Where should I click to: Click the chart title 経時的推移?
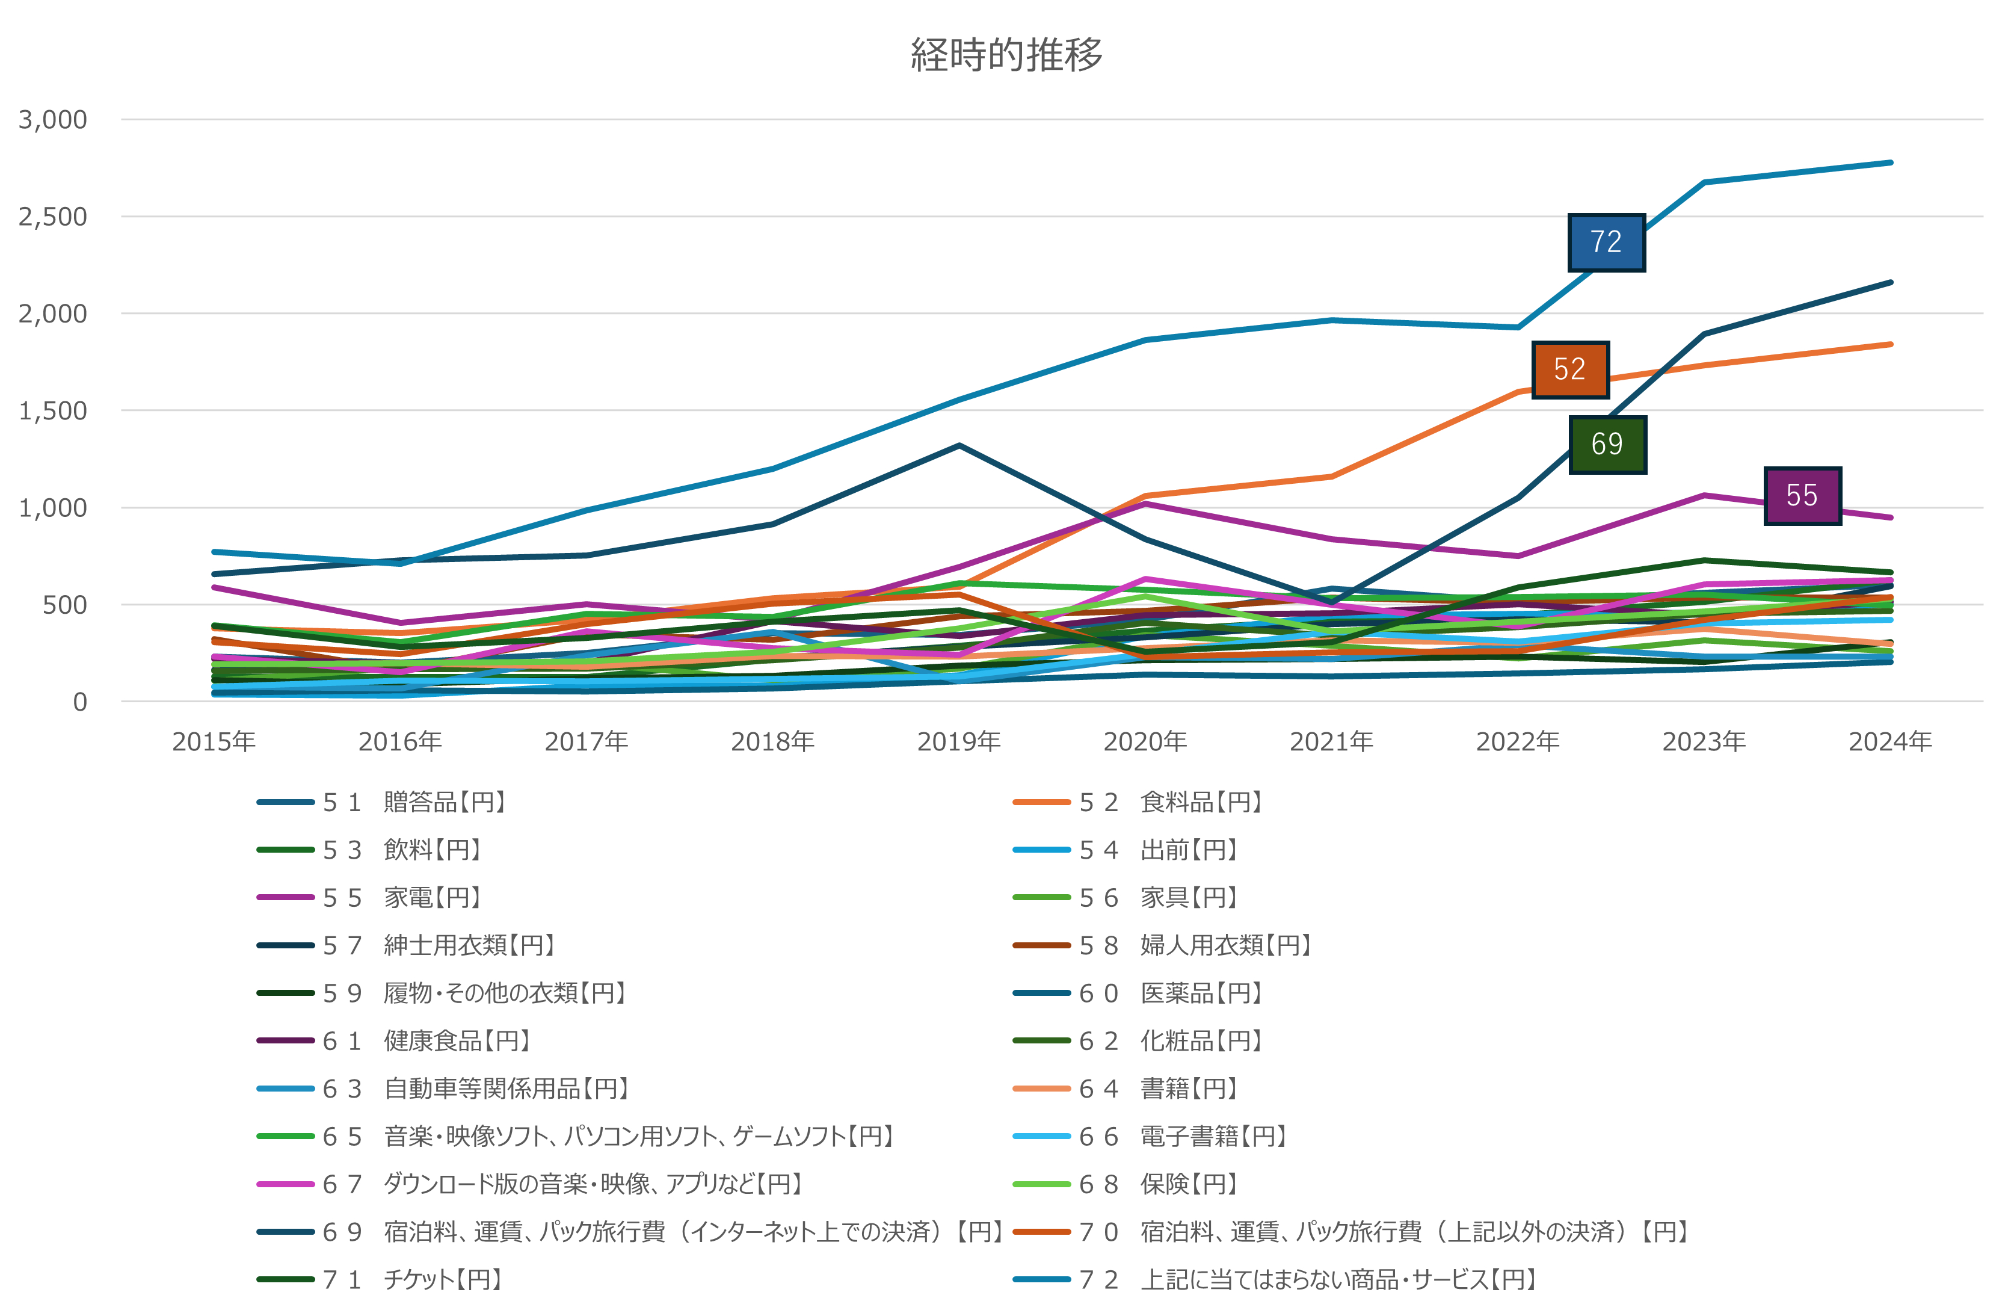click(x=1006, y=55)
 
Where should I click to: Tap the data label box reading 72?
click(x=1606, y=242)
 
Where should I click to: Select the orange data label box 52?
click(x=1569, y=369)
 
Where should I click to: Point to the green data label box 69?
click(x=1606, y=444)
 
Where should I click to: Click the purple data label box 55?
click(x=1802, y=495)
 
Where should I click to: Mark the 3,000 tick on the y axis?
click(x=52, y=119)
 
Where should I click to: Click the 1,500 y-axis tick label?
click(x=52, y=410)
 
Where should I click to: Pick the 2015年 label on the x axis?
click(x=213, y=741)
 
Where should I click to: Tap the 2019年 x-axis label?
click(x=959, y=741)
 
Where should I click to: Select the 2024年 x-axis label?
click(x=1889, y=741)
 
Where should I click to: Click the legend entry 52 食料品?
click(x=1171, y=802)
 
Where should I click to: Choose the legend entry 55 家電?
click(x=402, y=897)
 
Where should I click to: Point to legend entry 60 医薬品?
click(x=1171, y=993)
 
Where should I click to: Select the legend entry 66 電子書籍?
click(x=1183, y=1135)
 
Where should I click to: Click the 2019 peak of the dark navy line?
click(x=959, y=445)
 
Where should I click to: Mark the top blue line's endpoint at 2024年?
click(x=1889, y=162)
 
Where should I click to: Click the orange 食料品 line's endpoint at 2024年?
click(x=1889, y=344)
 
